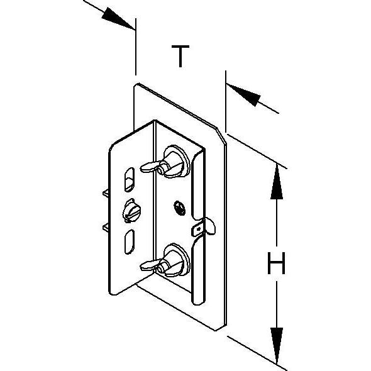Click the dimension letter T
click(180, 56)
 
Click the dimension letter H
click(276, 263)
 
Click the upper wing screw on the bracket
click(167, 162)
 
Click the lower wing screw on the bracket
click(167, 260)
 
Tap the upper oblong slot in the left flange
click(130, 179)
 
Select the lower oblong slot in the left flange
click(130, 242)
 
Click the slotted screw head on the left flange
click(131, 211)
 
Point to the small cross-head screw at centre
click(180, 208)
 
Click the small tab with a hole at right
click(203, 228)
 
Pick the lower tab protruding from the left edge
click(106, 228)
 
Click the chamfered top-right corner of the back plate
click(221, 135)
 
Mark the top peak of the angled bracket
click(155, 121)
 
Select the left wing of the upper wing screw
click(150, 167)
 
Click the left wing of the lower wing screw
click(149, 265)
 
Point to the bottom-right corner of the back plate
click(216, 330)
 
